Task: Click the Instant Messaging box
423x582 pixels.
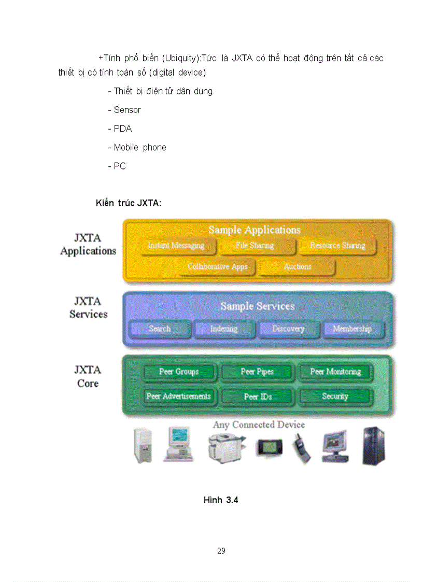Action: [x=176, y=246]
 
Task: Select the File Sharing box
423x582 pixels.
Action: [x=255, y=246]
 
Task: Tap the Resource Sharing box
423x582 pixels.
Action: [x=337, y=246]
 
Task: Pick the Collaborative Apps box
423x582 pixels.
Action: [x=217, y=267]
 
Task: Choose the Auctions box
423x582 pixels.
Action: [x=298, y=267]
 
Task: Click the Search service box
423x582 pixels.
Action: [x=160, y=329]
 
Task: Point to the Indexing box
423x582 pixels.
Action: [x=224, y=329]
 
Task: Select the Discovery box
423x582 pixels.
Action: [x=288, y=329]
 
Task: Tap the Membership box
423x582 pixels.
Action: [x=353, y=329]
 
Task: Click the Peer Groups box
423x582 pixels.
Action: [x=179, y=372]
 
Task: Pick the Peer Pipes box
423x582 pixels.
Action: [x=257, y=372]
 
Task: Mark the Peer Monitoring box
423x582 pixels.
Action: [x=335, y=372]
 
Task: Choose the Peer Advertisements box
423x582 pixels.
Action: [x=179, y=396]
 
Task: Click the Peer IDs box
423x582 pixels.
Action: [x=258, y=396]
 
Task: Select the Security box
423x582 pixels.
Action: [x=335, y=396]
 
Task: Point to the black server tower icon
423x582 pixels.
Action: [x=373, y=446]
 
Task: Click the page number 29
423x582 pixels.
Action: [x=221, y=551]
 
